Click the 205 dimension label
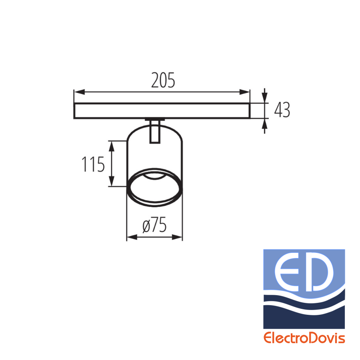pos(163,80)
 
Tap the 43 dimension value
pos(282,110)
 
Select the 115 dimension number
pos(93,164)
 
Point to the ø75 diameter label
pos(154,225)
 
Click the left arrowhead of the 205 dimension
pos(80,92)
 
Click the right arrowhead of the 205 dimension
pos(244,92)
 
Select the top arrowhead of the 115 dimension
pos(112,146)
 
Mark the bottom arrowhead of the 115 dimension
pos(112,181)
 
